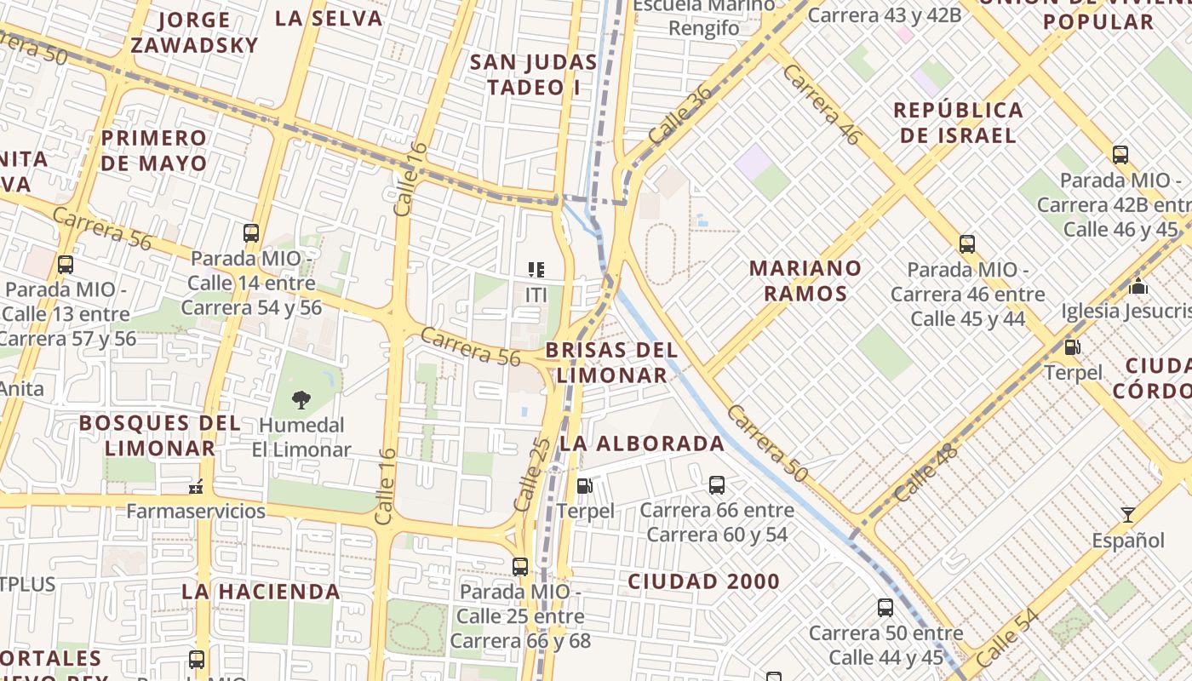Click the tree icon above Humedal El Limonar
tap(301, 399)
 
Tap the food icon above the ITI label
tap(536, 270)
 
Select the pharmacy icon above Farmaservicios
tap(196, 487)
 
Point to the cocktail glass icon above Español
tap(1128, 514)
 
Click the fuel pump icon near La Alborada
tap(585, 486)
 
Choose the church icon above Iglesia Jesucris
tap(1138, 286)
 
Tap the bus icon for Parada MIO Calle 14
tap(251, 233)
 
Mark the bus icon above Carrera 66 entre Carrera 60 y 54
tap(717, 485)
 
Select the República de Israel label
tap(959, 123)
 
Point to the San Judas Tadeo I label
tap(534, 74)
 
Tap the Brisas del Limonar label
tap(611, 363)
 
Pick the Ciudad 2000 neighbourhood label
tap(703, 581)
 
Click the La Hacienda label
tap(261, 591)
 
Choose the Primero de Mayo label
tap(154, 151)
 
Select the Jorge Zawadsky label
tap(194, 32)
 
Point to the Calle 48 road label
tap(926, 473)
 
